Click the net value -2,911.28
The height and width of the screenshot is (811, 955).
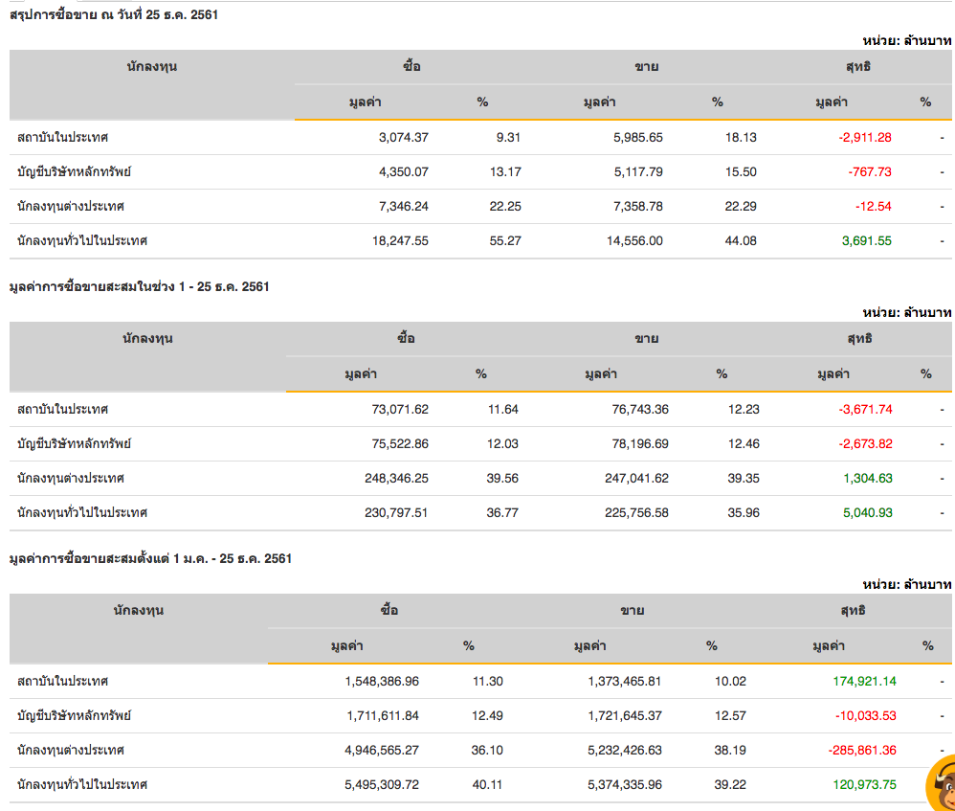(x=865, y=137)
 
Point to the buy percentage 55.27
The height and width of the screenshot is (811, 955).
(x=505, y=240)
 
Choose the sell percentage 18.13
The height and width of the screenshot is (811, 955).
(x=741, y=137)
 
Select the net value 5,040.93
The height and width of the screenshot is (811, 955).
(x=867, y=512)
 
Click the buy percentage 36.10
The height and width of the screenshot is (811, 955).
(x=487, y=750)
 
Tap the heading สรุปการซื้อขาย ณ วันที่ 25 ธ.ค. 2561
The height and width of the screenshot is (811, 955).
(x=114, y=14)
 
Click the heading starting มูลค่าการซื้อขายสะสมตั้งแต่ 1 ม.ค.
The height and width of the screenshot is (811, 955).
(x=150, y=558)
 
